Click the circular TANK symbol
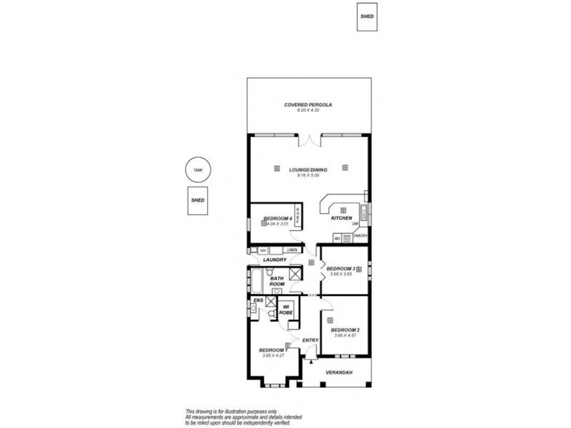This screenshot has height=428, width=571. [198, 170]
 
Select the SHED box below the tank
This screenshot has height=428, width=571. [198, 200]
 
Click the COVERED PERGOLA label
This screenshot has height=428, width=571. [308, 105]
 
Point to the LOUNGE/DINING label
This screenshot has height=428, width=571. [308, 170]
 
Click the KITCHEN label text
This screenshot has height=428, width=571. [342, 218]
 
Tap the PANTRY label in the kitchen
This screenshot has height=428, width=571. [360, 236]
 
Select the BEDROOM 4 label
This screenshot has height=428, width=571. [277, 218]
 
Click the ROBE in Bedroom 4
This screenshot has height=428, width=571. [298, 218]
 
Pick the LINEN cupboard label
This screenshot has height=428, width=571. [291, 250]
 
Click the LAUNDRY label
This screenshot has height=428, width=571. [275, 260]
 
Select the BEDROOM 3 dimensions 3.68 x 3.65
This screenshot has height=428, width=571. [340, 274]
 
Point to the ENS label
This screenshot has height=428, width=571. [258, 301]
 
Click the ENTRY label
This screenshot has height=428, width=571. [310, 340]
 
